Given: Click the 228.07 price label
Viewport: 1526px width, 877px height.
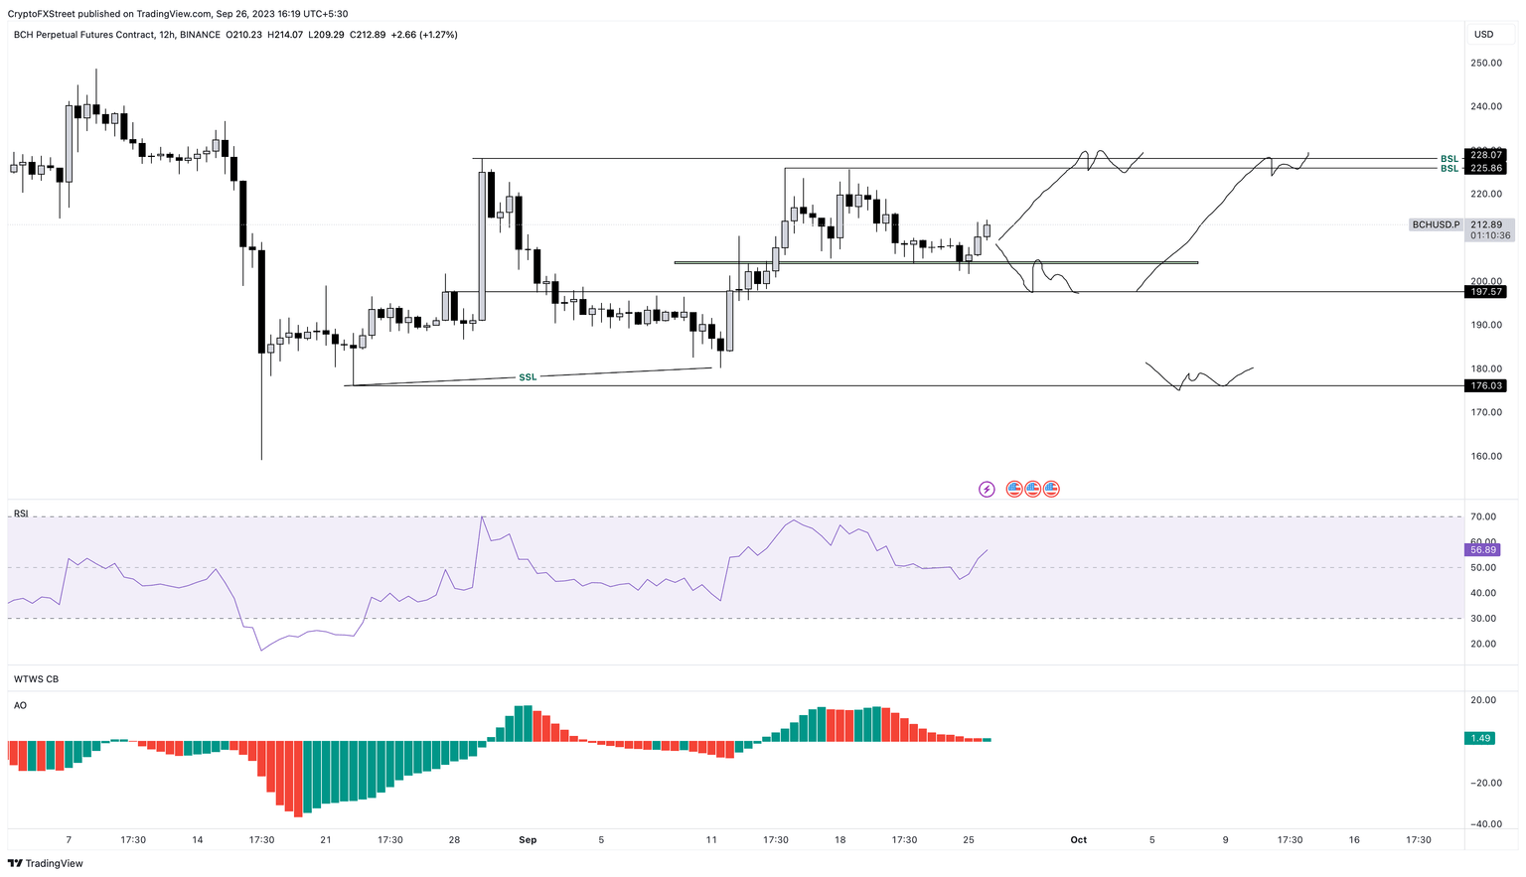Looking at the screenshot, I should [x=1485, y=155].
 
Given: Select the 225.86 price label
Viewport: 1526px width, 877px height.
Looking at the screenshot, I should [x=1485, y=169].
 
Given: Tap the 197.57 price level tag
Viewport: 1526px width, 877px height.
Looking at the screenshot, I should [x=1485, y=292].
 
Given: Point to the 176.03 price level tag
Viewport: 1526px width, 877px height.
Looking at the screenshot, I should [x=1485, y=385].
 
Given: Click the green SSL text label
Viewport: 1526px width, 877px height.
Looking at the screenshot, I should [x=528, y=377].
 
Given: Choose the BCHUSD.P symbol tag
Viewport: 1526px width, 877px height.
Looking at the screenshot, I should [x=1436, y=224].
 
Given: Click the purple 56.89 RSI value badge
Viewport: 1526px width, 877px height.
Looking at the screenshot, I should [x=1483, y=549].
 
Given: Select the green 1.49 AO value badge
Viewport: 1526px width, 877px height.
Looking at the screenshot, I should [x=1480, y=738].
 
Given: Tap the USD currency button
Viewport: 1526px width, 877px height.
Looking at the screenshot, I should [x=1483, y=34].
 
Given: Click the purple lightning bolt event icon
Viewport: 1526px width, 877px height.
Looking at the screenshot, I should [x=987, y=489].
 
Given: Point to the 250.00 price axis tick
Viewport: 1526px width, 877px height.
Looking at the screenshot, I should [x=1486, y=63].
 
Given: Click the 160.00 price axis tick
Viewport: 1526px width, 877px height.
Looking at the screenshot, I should [x=1486, y=456].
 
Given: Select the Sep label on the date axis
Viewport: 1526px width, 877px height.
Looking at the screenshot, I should [x=528, y=840].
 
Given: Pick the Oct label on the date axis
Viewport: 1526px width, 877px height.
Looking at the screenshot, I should [x=1079, y=840].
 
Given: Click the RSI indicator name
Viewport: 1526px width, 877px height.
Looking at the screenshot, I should [x=21, y=513].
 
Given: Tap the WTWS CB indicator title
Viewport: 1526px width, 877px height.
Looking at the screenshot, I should [x=36, y=679].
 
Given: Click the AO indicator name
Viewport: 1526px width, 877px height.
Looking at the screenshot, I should [x=20, y=705].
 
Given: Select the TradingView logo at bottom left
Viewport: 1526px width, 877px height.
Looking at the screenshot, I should [x=46, y=863].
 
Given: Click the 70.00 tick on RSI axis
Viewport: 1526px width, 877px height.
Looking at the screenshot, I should [x=1483, y=516].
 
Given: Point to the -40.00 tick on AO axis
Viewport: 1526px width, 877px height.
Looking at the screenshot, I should [x=1484, y=823].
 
